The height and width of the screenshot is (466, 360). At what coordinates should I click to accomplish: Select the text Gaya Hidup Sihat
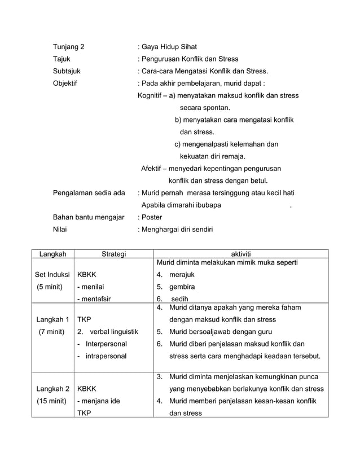(169, 47)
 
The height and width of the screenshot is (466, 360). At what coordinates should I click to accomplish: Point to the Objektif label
(65, 83)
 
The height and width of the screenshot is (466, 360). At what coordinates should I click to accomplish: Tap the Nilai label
(60, 229)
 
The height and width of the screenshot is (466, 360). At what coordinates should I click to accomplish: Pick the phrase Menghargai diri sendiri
(177, 229)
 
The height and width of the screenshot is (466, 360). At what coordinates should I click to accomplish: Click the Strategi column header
(113, 254)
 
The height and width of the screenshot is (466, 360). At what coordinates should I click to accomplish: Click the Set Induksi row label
(52, 275)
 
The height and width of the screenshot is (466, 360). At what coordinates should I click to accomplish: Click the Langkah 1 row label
(52, 320)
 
